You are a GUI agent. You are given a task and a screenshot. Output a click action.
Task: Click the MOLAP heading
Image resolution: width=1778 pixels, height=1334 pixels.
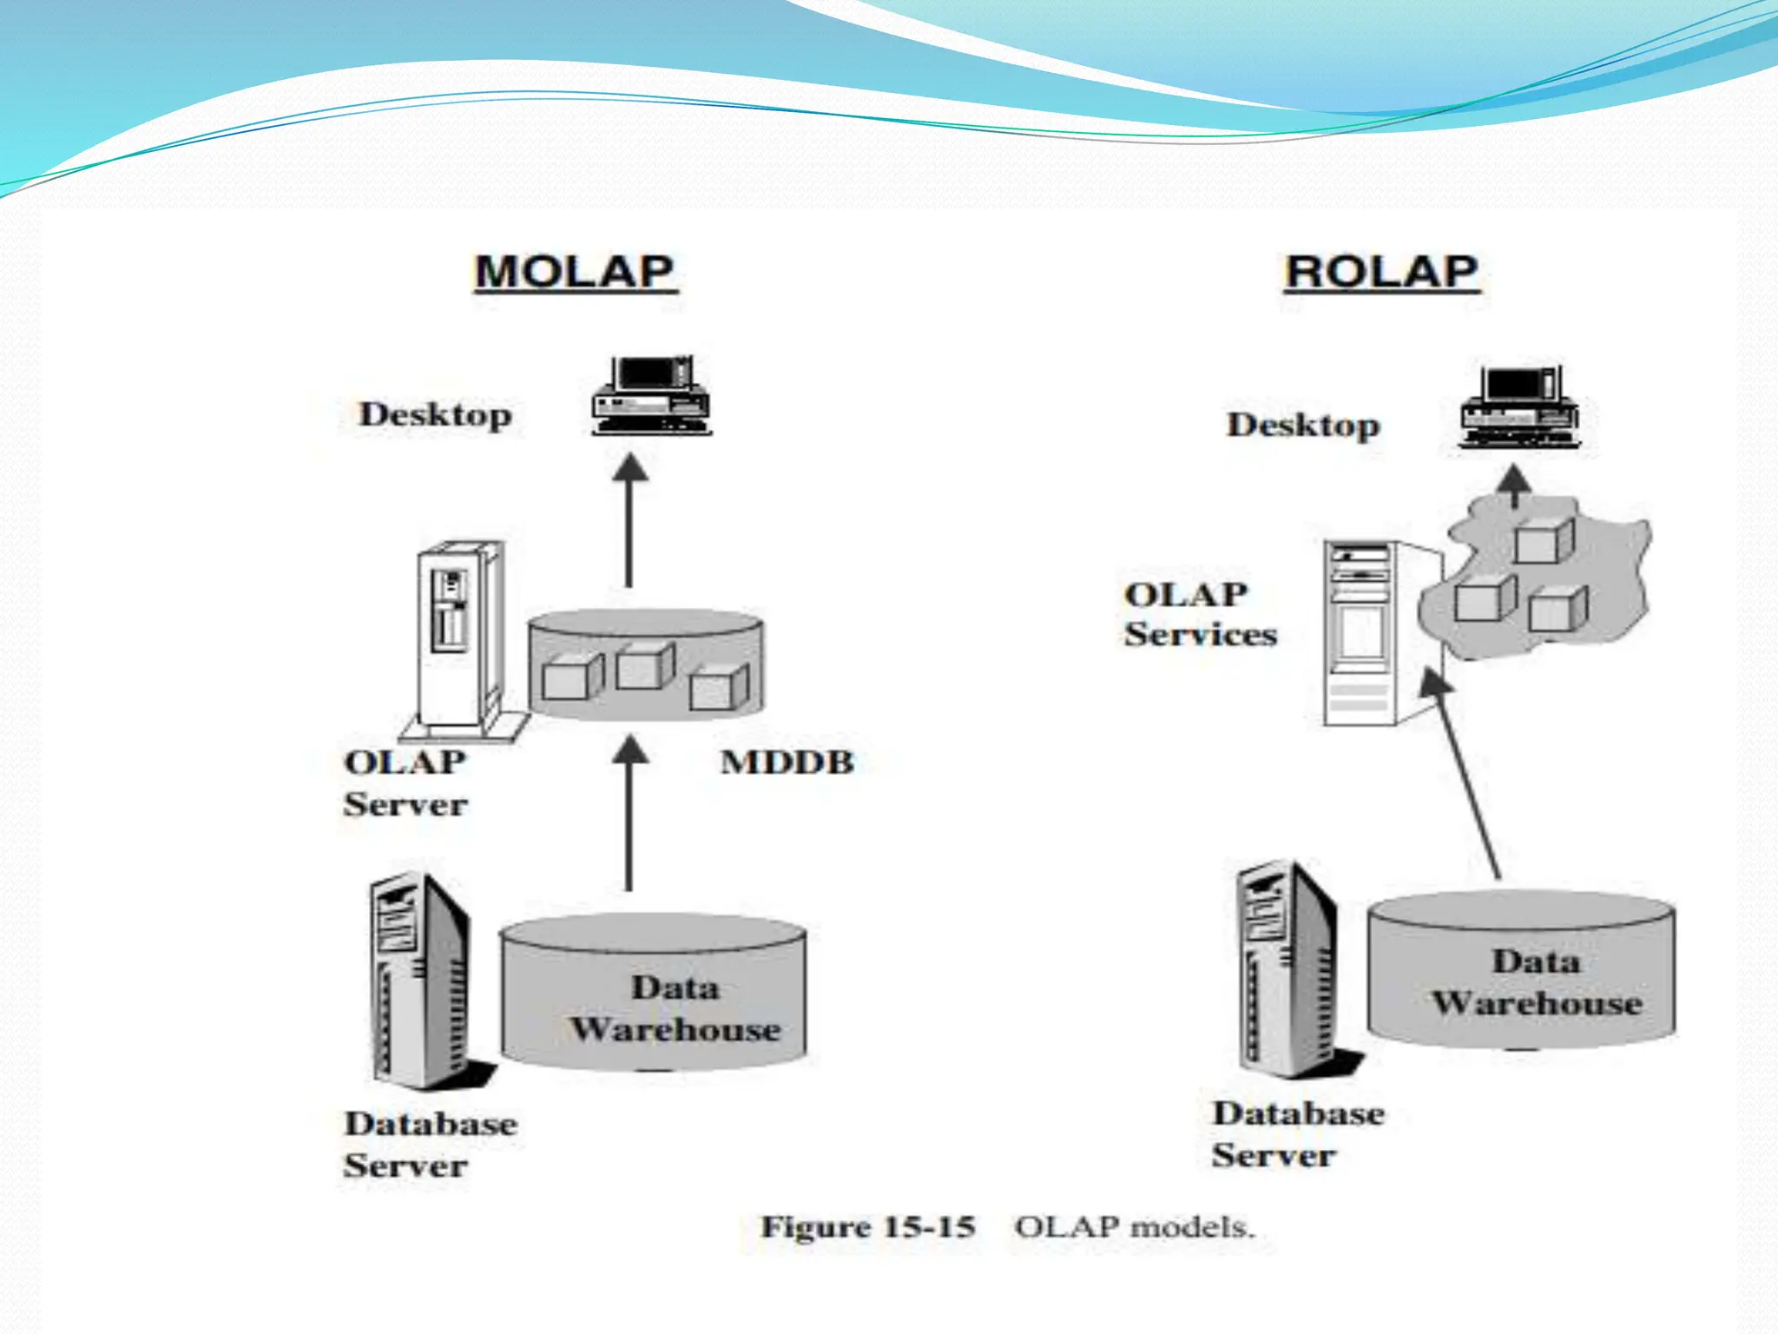pos(575,272)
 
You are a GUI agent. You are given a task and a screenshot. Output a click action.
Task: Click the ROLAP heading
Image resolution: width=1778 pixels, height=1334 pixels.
pos(1381,272)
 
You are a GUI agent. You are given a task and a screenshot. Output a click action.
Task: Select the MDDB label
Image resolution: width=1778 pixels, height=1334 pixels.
pos(787,763)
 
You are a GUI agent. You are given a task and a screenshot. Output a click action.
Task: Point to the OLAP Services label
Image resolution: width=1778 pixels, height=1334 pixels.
pos(1200,614)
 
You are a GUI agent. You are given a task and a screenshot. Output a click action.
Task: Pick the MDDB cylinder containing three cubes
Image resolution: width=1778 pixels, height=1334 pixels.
pos(646,664)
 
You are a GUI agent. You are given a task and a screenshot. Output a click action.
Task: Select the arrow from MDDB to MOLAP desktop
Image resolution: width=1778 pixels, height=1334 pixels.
pos(629,521)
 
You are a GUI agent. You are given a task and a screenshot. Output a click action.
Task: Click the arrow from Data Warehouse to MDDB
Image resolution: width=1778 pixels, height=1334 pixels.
pos(629,813)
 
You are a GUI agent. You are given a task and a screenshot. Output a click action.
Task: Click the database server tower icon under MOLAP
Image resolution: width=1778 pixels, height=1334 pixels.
pos(421,981)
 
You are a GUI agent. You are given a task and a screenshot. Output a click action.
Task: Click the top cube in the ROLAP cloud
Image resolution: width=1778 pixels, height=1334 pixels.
pos(1544,541)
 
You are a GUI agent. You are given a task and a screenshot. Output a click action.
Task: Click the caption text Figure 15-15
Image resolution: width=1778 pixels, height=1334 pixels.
pos(868,1227)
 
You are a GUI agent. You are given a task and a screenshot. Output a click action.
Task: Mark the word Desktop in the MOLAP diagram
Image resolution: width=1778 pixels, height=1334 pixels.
pos(435,414)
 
